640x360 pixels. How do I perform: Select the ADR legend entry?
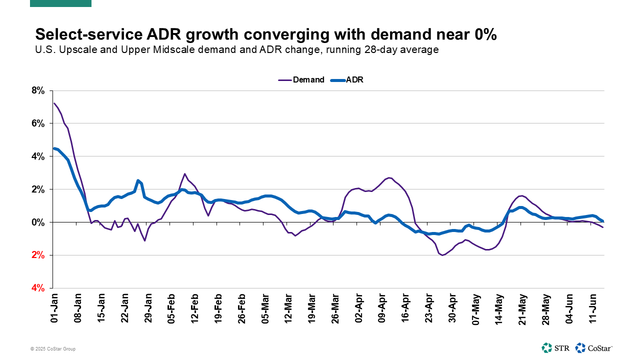point(347,79)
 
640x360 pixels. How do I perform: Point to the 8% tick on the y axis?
point(38,90)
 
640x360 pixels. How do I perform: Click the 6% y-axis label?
point(38,123)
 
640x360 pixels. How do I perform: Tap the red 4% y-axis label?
point(38,288)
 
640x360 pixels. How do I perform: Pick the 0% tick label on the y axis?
point(38,222)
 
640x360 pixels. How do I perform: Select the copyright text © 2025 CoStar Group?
point(52,349)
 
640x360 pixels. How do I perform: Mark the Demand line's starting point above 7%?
point(54,103)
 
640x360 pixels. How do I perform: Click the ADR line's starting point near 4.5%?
point(54,148)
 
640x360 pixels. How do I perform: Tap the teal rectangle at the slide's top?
point(60,3)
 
